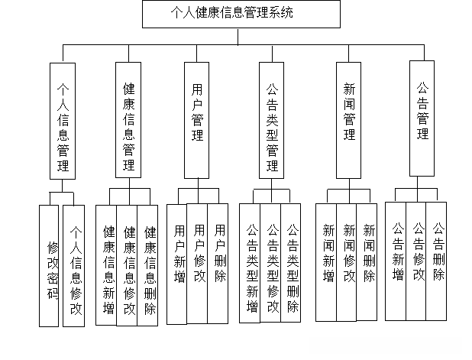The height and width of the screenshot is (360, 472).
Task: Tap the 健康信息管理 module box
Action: (128, 119)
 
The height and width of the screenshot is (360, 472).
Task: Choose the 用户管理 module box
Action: (197, 118)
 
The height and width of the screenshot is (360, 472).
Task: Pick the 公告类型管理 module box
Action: (271, 120)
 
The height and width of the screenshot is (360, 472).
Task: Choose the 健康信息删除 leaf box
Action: (148, 265)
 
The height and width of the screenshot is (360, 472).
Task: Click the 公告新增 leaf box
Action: (396, 260)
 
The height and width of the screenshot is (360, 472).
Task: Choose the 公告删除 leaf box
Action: (437, 260)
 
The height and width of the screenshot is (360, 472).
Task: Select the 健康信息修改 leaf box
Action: (128, 265)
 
